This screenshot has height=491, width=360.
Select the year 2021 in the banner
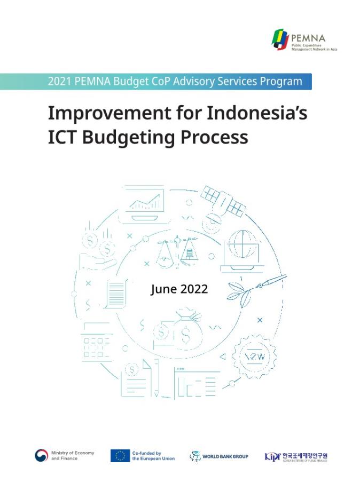click(x=60, y=82)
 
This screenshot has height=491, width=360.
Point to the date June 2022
click(x=179, y=289)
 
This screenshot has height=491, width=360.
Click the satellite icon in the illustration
click(x=223, y=201)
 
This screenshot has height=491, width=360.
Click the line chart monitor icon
click(x=144, y=203)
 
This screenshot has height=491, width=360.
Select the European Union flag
click(x=120, y=456)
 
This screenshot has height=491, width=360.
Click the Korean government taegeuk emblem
click(x=42, y=456)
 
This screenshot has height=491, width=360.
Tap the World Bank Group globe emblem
click(x=195, y=456)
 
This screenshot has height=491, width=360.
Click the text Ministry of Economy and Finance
click(x=73, y=456)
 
